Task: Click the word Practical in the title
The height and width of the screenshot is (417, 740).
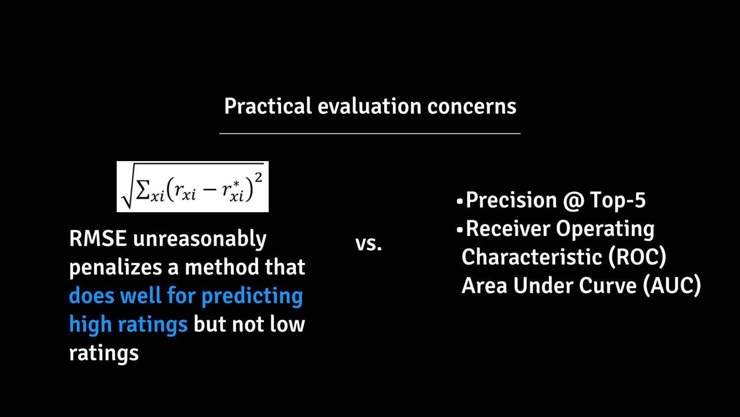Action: coord(268,106)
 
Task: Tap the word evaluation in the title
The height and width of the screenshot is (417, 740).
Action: coord(369,106)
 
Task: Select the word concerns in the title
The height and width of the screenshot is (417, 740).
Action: coord(472,107)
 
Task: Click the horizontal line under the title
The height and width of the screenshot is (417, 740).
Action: coord(370,133)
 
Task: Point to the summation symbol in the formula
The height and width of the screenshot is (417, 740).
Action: coord(142,191)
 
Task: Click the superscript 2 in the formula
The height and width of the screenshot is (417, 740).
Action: coord(258,178)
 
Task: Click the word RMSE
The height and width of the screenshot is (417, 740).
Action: coord(98,238)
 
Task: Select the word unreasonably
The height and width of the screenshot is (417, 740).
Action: coord(199,239)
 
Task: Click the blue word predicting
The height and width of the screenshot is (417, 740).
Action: coord(252,296)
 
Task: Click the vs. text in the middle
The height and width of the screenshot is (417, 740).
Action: coord(369,244)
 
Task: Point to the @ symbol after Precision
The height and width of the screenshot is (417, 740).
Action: coord(573,201)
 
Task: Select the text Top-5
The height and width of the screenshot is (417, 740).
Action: coord(618,200)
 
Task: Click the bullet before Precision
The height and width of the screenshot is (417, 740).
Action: coord(460,201)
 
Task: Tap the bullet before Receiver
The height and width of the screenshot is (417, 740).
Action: coord(460,229)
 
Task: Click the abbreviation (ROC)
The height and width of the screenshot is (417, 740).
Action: coord(637,258)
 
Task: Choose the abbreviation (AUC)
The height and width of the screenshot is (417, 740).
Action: coord(672,286)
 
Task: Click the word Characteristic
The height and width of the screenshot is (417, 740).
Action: coord(531,257)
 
